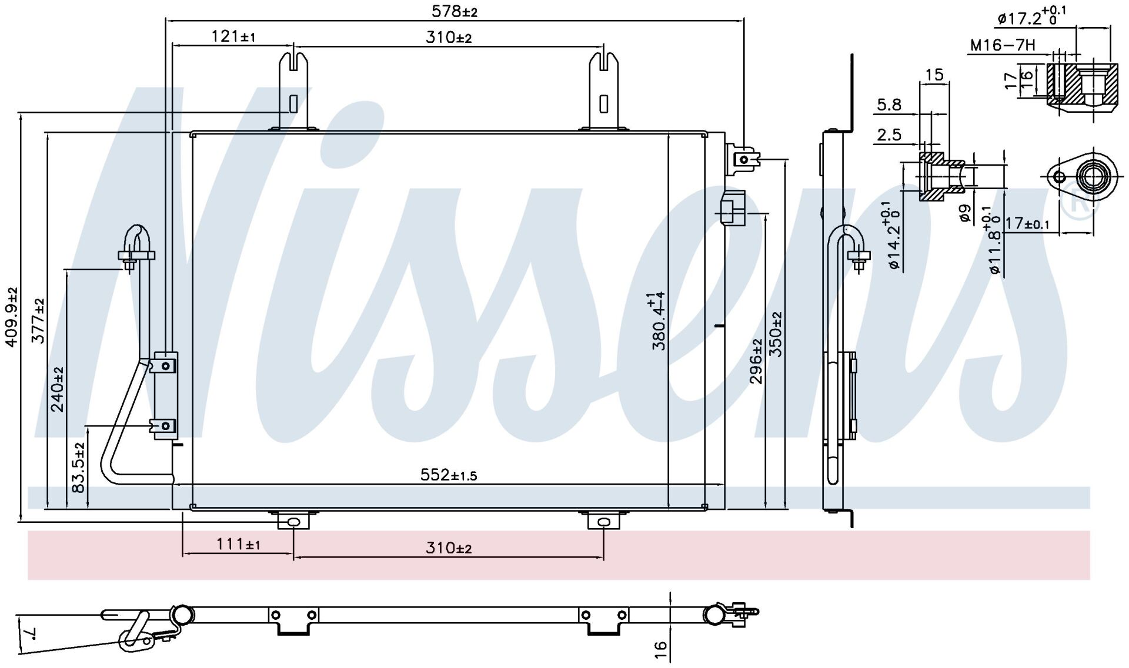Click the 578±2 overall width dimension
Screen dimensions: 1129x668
pos(455,11)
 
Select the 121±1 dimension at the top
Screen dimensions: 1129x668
pos(233,36)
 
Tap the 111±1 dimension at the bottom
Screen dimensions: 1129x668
pos(238,545)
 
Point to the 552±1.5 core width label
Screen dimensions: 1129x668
pos(449,475)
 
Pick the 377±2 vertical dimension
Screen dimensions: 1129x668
pos(38,321)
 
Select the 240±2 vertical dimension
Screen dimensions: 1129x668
pos(58,389)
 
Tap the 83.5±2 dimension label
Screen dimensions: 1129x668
pos(79,468)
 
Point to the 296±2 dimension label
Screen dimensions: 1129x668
pos(756,361)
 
